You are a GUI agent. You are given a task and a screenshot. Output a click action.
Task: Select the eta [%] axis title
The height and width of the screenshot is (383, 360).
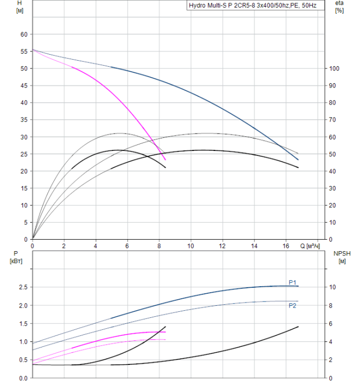point(339,7)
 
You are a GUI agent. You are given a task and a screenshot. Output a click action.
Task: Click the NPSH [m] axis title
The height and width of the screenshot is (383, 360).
point(339,257)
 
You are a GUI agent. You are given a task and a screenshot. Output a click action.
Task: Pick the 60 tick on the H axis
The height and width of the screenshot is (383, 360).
point(24,34)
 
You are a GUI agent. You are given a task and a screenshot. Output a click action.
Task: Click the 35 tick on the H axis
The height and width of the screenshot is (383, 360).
point(24,120)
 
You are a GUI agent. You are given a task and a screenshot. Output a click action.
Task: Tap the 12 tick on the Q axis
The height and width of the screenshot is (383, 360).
point(222,246)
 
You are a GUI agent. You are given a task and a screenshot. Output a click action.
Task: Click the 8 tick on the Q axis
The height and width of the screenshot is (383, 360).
point(159,246)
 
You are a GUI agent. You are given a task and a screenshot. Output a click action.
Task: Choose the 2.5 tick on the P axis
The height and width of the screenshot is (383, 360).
point(22,287)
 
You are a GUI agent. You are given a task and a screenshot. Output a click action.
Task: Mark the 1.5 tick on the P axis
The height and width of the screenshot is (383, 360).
point(22,324)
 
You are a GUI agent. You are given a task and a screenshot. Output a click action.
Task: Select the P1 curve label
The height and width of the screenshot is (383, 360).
point(293,282)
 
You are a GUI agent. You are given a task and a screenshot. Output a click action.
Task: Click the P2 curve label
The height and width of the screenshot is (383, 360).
point(293,306)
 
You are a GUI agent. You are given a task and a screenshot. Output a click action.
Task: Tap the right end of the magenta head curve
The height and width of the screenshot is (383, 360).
point(165,159)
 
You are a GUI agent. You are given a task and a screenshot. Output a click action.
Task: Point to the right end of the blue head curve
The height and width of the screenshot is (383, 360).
point(298,160)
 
